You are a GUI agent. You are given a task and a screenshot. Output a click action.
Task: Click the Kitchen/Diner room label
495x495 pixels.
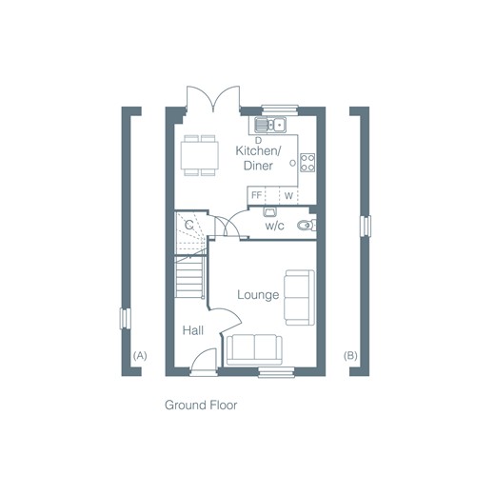click(x=258, y=158)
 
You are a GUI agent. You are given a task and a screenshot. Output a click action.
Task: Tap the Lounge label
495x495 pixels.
click(x=258, y=295)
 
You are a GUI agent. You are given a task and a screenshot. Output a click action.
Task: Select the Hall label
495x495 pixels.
click(x=193, y=330)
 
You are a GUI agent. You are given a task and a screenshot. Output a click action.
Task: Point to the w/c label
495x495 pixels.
click(x=275, y=226)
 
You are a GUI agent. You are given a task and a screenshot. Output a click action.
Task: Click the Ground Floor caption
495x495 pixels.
click(x=201, y=406)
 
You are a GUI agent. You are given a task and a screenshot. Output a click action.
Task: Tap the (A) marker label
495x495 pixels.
click(x=140, y=356)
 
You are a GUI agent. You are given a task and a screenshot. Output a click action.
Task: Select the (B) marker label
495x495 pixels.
click(x=350, y=356)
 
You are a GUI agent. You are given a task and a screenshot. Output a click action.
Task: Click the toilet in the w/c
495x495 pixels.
click(x=307, y=225)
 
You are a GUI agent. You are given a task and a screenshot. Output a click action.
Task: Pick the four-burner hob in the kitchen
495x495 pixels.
click(x=307, y=163)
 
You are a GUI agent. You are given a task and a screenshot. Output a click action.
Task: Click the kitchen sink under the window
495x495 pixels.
click(x=270, y=125)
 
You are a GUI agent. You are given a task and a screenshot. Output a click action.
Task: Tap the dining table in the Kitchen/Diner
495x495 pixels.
click(x=200, y=155)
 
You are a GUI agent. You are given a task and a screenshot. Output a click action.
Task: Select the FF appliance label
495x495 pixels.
click(x=256, y=195)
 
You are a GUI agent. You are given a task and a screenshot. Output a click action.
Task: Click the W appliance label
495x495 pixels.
click(x=288, y=196)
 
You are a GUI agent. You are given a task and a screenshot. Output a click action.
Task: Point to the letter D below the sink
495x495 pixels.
click(x=259, y=140)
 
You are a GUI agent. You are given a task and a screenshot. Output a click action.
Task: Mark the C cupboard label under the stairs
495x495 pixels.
click(x=189, y=226)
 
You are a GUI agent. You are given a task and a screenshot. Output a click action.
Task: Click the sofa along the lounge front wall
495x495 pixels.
click(x=254, y=349)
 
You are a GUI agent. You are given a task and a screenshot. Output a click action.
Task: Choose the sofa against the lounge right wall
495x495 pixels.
click(x=300, y=298)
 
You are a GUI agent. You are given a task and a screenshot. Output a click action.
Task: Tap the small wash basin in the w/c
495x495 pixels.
click(x=269, y=211)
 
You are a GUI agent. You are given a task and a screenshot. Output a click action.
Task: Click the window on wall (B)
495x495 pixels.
click(x=366, y=226)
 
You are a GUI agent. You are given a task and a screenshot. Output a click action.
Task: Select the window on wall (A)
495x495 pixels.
click(x=125, y=319)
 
